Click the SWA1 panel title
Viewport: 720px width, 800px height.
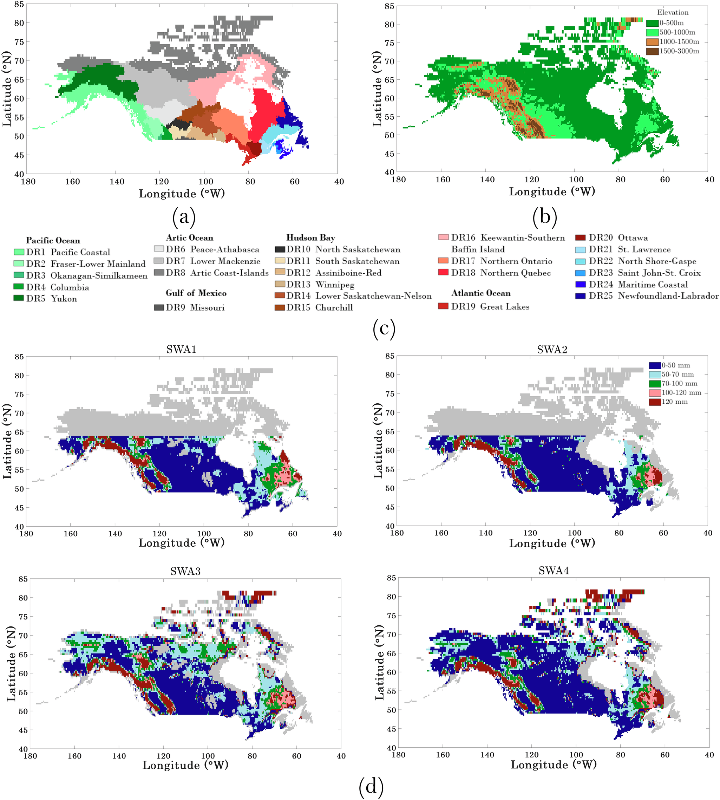[x=181, y=349]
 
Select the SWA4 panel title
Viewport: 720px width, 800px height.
[x=554, y=571]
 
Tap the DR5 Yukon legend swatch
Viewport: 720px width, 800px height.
[x=19, y=298]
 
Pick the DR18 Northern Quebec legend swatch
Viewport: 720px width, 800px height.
[x=443, y=272]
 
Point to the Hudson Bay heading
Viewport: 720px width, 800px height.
[x=310, y=238]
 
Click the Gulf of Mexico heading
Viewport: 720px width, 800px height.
[x=196, y=293]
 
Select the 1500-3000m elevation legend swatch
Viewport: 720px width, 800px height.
[x=652, y=51]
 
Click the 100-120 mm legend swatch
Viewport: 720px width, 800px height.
[x=655, y=392]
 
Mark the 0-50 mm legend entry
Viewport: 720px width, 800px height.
[x=676, y=365]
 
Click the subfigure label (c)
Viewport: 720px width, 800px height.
[x=384, y=328]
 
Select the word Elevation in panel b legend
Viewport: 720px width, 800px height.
[x=673, y=12]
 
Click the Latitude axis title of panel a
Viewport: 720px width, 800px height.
[x=7, y=89]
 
